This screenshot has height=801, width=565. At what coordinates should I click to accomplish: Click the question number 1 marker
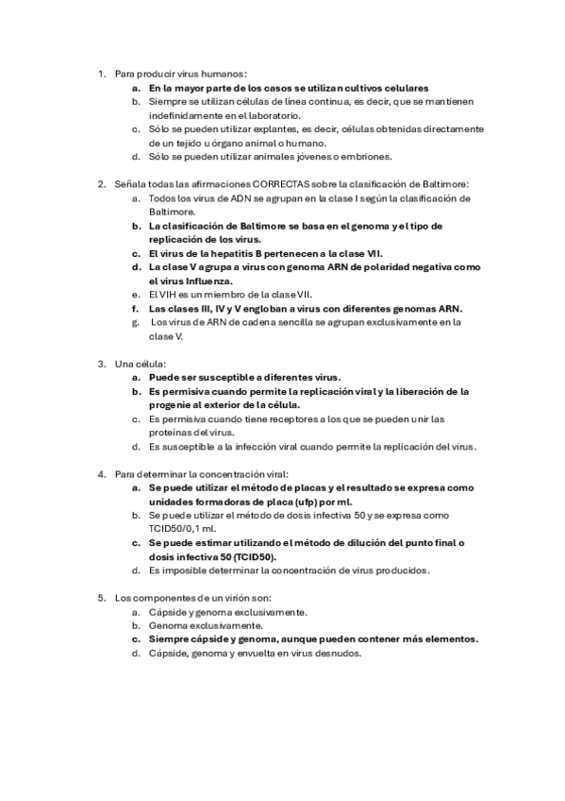pyautogui.click(x=102, y=73)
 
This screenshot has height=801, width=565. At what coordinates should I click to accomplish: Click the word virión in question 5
pyautogui.click(x=225, y=598)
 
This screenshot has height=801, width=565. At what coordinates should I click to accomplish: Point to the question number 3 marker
pyautogui.click(x=102, y=363)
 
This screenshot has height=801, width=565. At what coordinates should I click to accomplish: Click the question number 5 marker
pyautogui.click(x=102, y=598)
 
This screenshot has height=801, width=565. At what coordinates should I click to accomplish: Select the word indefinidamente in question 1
pyautogui.click(x=183, y=114)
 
